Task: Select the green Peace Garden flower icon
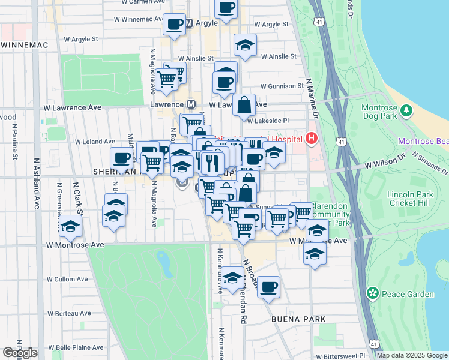coord(373,293)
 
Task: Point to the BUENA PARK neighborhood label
coord(298,319)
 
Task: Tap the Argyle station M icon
coord(188,23)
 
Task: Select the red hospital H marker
coord(311,139)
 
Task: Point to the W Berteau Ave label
coord(69,313)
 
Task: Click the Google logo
coord(20,352)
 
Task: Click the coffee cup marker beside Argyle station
coord(174,25)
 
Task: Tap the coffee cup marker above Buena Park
coord(268,287)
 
